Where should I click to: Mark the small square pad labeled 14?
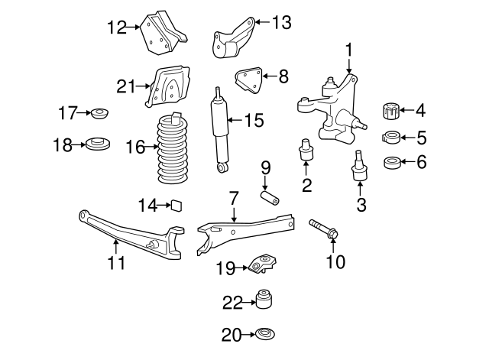(x=176, y=205)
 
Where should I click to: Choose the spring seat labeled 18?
(x=97, y=144)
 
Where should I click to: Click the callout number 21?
(x=125, y=86)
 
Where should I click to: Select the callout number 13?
(x=280, y=22)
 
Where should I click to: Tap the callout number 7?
(x=234, y=198)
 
